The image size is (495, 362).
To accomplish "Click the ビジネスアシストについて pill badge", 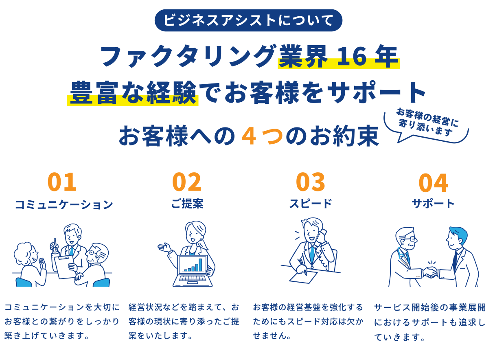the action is coord(248,20).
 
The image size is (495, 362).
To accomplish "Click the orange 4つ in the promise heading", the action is coord(262,136).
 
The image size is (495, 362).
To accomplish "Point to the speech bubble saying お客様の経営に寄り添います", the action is coord(426,125).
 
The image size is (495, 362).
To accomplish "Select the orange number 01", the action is coord(62,182).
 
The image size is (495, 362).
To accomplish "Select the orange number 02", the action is coord(187,182).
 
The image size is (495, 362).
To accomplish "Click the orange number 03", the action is coord(311,182).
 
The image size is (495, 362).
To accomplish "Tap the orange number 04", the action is coord(434,183).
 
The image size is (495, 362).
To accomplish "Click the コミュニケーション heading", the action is coord(64,204).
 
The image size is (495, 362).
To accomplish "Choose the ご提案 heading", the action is coord(187,204).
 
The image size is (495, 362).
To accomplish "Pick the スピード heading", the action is coord(311,204).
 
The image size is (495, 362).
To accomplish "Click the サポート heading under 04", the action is coord(433,204).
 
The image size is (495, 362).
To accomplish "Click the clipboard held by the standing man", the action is coord(65,267).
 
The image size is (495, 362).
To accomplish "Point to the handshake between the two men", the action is coord(430,272).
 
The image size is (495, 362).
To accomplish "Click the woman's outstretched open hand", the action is coord(164,247).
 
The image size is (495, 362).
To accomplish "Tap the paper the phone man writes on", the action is coord(303,277).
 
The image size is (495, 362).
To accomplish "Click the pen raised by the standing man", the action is coord(55,243).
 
